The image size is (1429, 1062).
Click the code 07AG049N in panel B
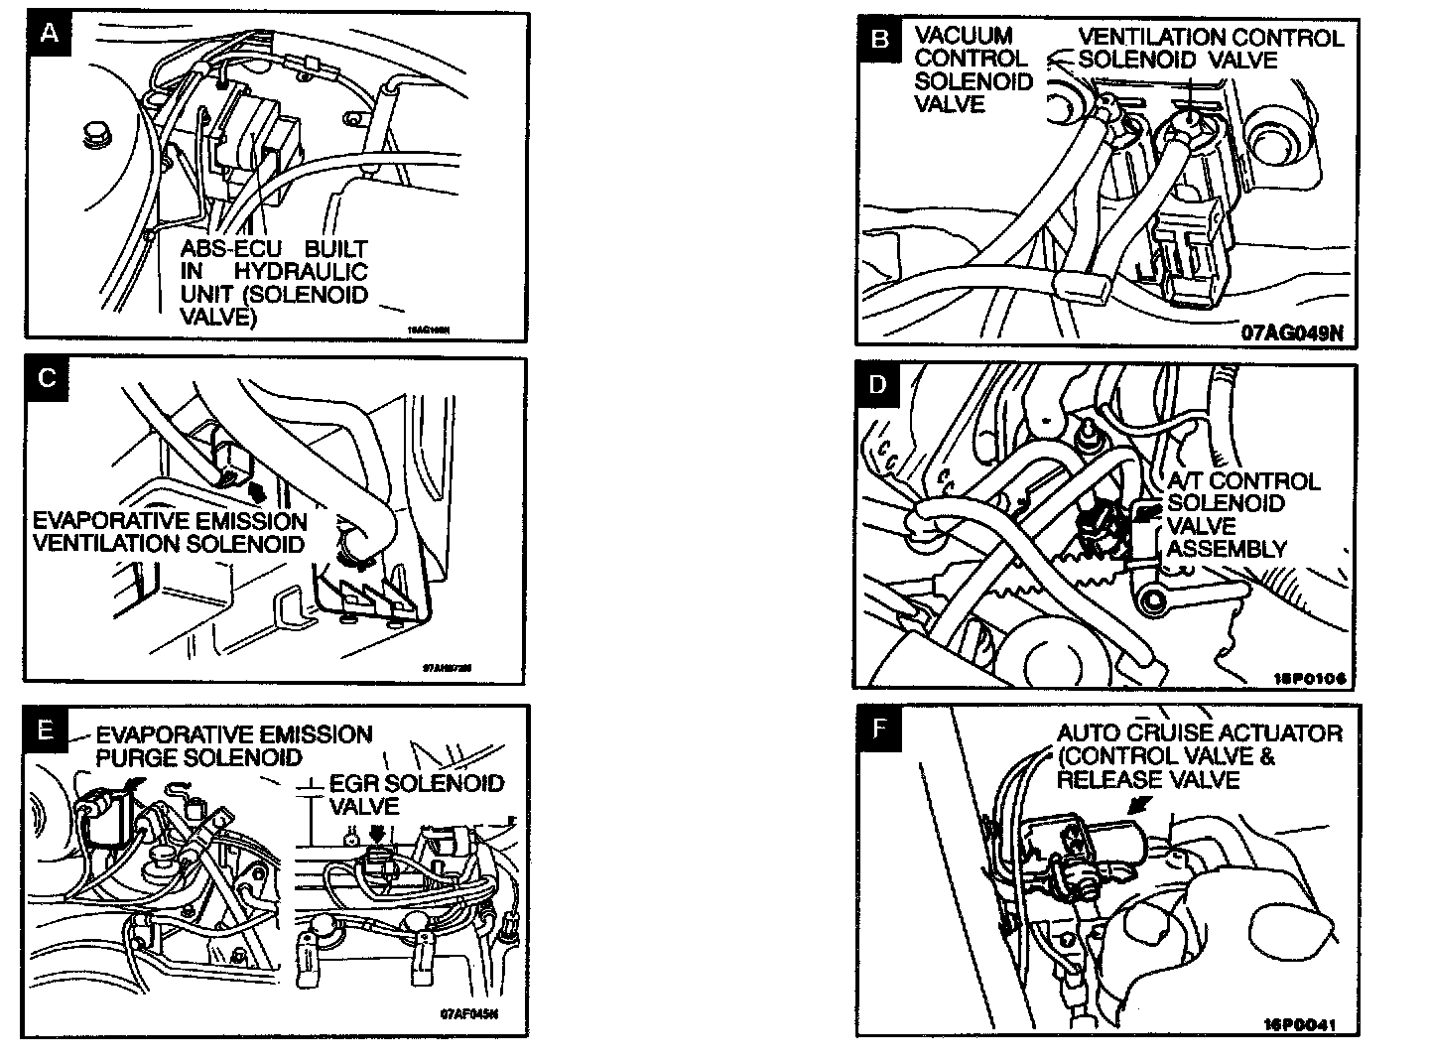pos(1291,332)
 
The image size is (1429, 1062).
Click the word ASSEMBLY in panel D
pos(1226,549)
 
